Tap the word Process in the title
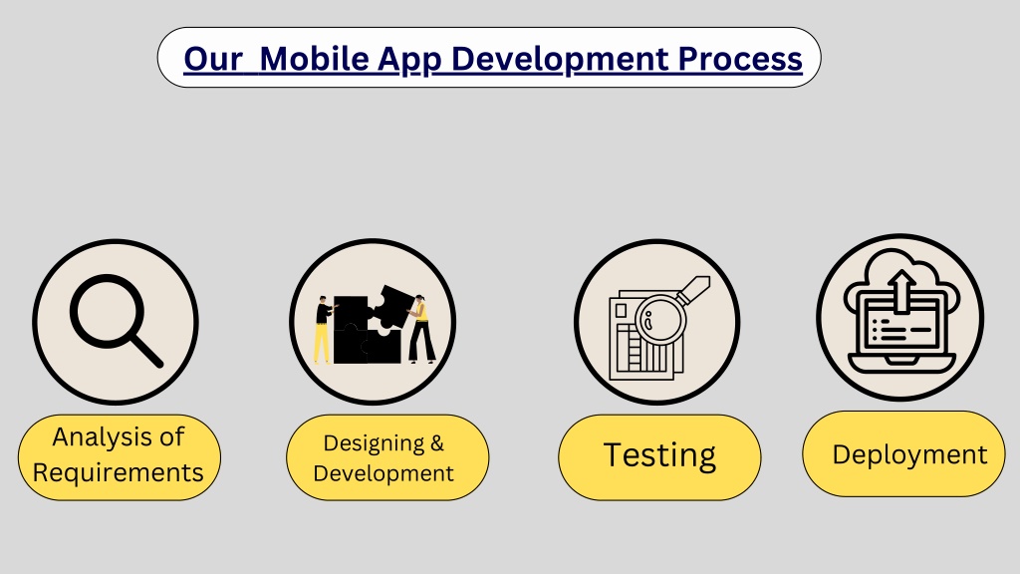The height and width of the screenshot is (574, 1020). point(740,59)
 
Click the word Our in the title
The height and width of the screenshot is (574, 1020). point(212,59)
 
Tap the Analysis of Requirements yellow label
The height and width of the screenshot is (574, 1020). point(119,455)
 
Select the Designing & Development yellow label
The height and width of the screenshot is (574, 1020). point(386,457)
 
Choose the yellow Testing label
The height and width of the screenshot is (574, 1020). point(658,456)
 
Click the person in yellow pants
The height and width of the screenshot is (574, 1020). point(322,330)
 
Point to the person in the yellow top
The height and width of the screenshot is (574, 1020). point(422,328)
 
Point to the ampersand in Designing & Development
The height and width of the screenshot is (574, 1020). point(435,443)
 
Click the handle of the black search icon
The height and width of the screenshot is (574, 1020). point(144,349)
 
